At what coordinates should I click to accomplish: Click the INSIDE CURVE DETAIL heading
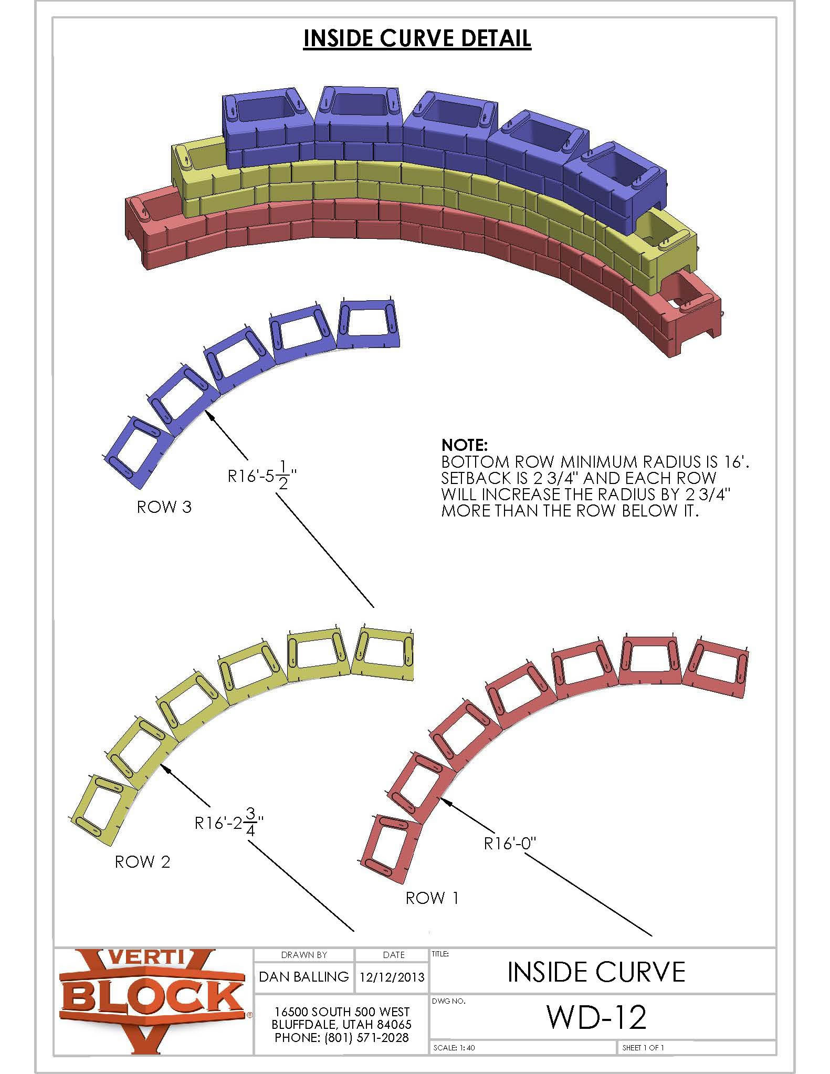click(x=417, y=38)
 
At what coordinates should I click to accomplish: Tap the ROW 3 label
click(x=164, y=507)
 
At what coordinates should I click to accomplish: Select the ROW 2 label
click(x=142, y=862)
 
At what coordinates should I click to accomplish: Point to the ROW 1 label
click(x=432, y=898)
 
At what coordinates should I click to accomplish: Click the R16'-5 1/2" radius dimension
click(x=262, y=477)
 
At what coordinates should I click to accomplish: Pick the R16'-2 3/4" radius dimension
click(x=229, y=823)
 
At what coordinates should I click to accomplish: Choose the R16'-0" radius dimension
click(x=510, y=844)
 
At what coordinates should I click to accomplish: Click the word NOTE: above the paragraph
click(x=465, y=446)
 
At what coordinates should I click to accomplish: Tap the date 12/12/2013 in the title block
click(x=392, y=977)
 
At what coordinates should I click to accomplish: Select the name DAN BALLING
click(x=304, y=976)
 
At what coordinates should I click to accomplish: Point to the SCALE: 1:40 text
click(x=454, y=1048)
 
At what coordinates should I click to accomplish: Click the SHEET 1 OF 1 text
click(x=643, y=1048)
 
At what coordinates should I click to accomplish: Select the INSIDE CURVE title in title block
click(x=596, y=972)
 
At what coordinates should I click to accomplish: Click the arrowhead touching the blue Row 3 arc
click(x=210, y=414)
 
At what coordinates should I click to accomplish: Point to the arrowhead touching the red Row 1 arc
click(x=445, y=800)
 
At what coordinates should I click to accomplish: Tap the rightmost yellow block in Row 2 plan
click(x=383, y=651)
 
